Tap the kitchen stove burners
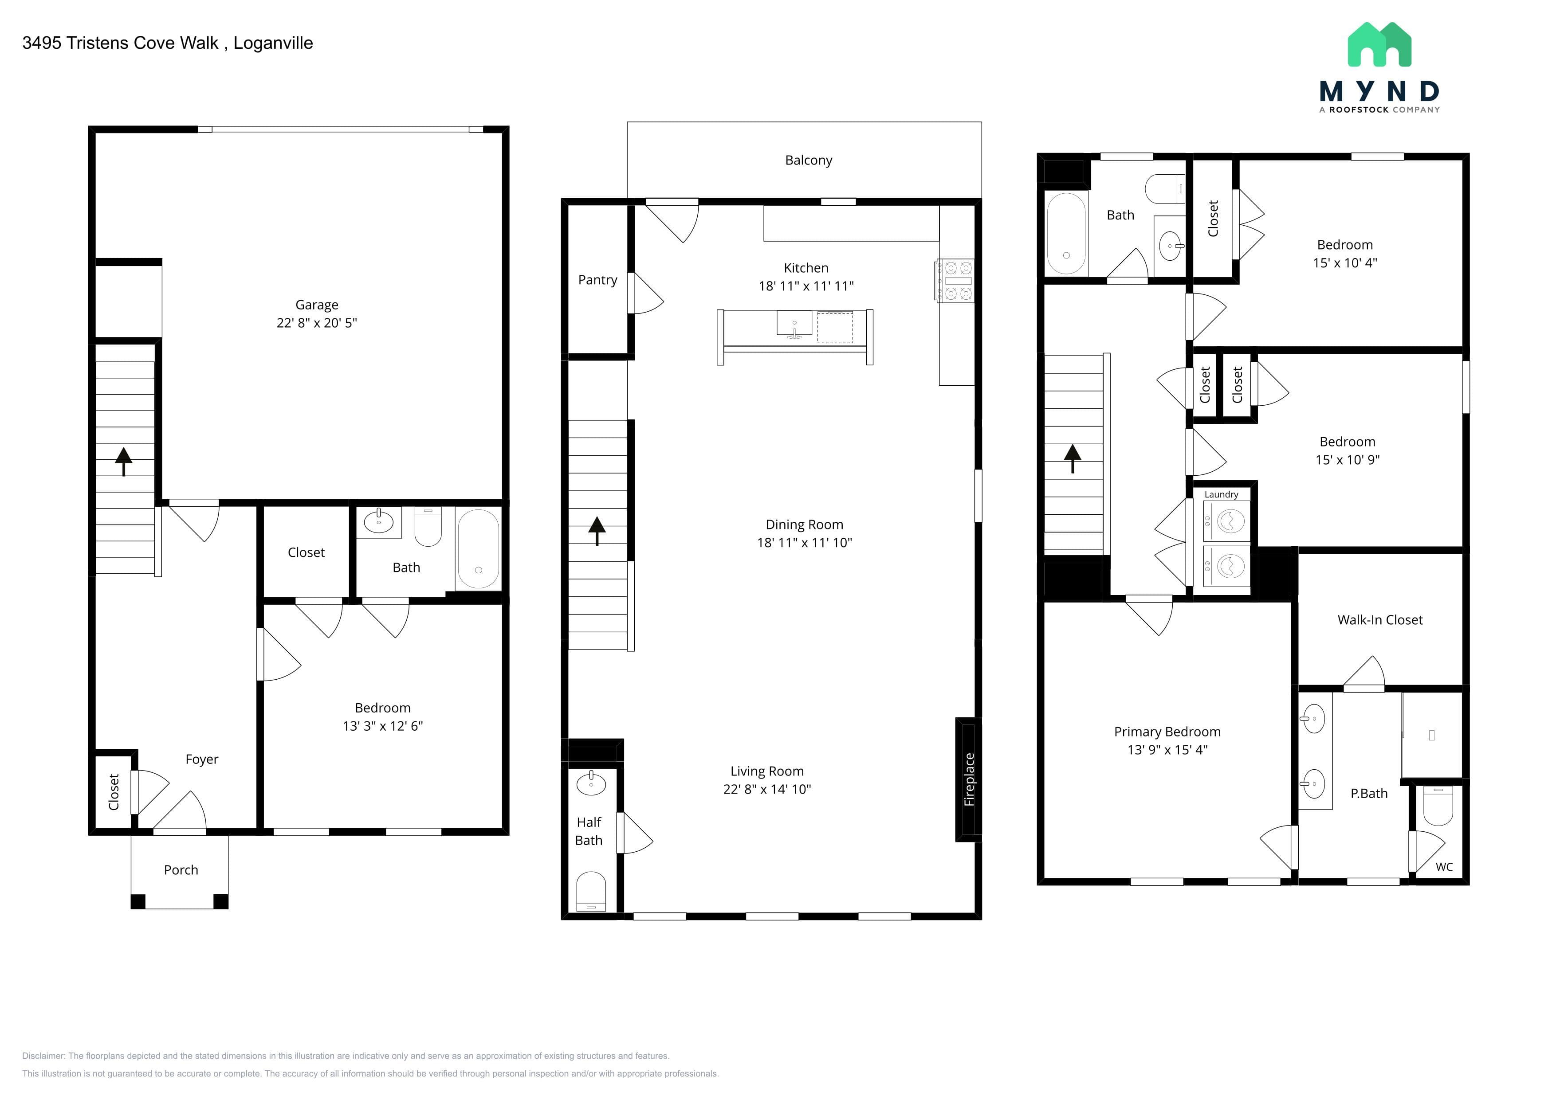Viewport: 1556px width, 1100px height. (x=955, y=280)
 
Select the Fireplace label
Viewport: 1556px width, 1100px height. (x=969, y=779)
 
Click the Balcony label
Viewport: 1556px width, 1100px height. (x=809, y=160)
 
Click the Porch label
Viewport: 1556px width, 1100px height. (x=181, y=870)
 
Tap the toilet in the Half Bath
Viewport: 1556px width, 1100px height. (x=590, y=891)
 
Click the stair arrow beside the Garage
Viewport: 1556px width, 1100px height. (x=123, y=461)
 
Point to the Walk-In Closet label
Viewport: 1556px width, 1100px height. (x=1380, y=620)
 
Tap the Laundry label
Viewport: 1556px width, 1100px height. (x=1221, y=494)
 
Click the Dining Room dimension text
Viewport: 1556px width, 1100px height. (x=805, y=542)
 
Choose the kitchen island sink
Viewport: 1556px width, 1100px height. (x=794, y=324)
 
